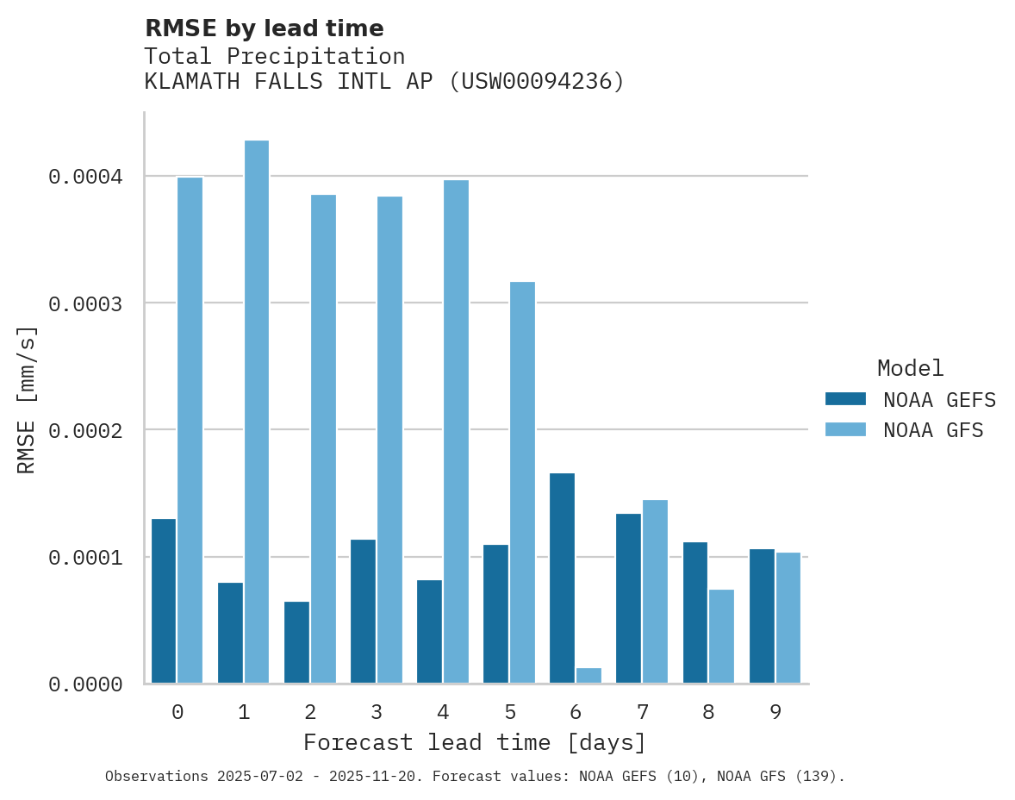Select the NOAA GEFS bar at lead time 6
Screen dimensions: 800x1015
562,578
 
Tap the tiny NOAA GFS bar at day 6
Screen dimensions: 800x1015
588,675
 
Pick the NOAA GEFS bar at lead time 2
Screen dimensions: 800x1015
296,642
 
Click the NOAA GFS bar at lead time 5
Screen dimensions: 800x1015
522,482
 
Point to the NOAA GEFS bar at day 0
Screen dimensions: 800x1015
164,601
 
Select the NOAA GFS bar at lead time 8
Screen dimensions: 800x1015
721,636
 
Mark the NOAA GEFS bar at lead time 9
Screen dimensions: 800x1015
762,616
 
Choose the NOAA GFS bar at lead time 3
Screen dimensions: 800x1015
389,440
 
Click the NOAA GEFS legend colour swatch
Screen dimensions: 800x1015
845,399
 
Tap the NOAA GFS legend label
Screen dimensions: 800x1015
933,430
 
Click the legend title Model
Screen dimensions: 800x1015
911,368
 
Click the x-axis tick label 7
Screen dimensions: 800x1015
643,712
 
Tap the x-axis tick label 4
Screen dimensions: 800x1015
443,712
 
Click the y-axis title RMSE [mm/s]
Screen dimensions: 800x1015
28,399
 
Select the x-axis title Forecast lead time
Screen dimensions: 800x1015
475,742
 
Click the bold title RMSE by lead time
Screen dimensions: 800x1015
264,28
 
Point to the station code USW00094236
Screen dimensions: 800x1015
542,82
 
